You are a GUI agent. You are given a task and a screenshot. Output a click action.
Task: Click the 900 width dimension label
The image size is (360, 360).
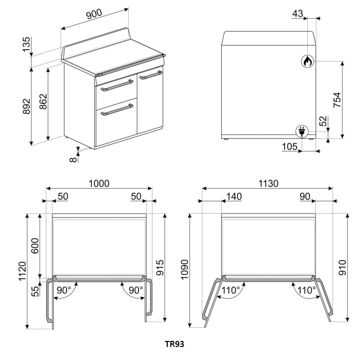click(x=94, y=14)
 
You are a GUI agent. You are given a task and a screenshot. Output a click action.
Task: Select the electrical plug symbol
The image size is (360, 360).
click(x=302, y=132)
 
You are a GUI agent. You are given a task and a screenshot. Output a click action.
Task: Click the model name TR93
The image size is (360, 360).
click(x=175, y=344)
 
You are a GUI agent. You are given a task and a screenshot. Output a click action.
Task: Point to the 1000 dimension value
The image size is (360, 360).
click(x=99, y=184)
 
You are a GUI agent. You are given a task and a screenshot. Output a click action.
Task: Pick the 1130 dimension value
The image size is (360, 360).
click(x=268, y=184)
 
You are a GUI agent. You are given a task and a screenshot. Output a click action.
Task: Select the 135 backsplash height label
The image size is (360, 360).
click(x=27, y=44)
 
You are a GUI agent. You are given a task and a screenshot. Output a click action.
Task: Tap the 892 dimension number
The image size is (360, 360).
click(x=27, y=107)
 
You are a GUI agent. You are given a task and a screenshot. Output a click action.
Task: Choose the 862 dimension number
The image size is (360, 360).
click(x=43, y=102)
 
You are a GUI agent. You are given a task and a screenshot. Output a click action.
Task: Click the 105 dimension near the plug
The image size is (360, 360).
click(x=289, y=147)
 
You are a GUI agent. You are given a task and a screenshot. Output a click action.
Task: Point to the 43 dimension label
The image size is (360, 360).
click(x=298, y=14)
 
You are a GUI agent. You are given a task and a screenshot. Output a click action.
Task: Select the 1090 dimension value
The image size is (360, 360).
click(x=184, y=269)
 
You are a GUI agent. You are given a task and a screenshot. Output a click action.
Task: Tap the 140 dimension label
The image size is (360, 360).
click(x=234, y=197)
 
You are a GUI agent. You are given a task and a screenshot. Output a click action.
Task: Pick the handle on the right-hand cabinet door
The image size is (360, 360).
click(x=150, y=75)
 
